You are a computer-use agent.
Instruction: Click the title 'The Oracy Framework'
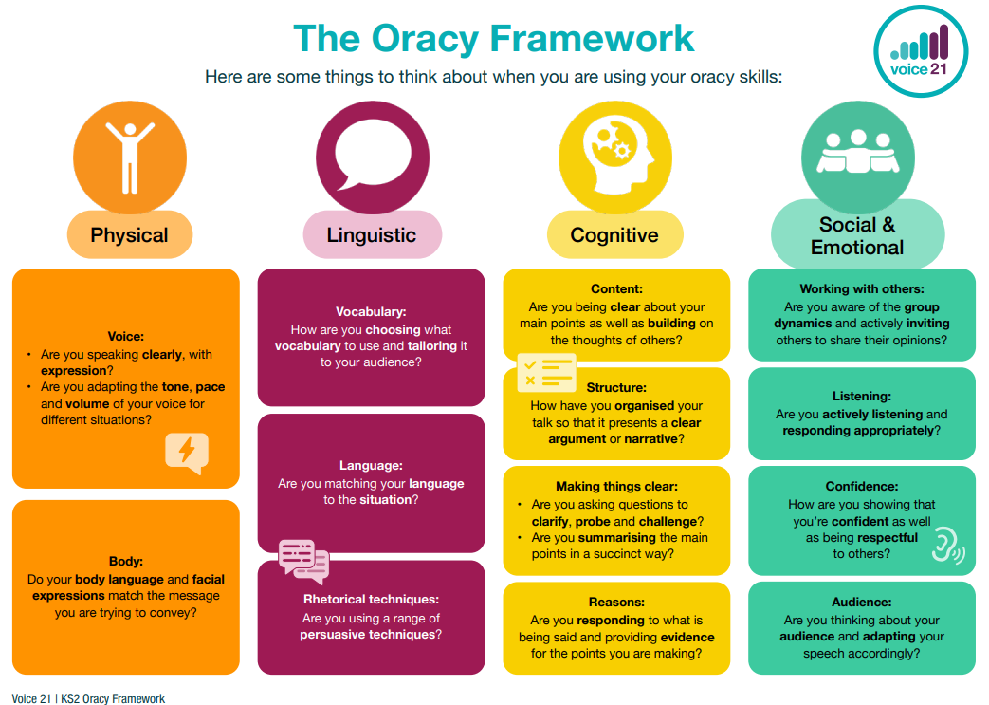(x=494, y=39)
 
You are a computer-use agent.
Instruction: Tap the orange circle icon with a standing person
(x=130, y=158)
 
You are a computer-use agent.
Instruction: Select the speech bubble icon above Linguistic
(x=372, y=158)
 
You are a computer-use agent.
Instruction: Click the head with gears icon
(x=614, y=158)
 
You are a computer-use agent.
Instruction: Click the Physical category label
(x=130, y=235)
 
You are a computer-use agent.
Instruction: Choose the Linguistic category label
(x=372, y=235)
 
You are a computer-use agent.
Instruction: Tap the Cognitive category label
(x=614, y=235)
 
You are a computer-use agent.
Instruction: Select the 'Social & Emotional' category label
(x=857, y=236)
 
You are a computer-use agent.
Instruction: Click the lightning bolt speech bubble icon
(x=186, y=452)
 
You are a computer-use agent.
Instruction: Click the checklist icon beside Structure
(x=546, y=372)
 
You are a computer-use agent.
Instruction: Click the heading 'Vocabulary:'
(x=371, y=311)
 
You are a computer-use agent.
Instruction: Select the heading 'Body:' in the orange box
(x=126, y=562)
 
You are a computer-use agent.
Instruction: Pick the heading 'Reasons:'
(x=616, y=603)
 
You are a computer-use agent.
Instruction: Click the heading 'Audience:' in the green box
(x=861, y=603)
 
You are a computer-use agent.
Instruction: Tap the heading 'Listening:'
(x=861, y=397)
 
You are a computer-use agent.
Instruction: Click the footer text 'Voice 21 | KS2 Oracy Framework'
(x=88, y=698)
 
